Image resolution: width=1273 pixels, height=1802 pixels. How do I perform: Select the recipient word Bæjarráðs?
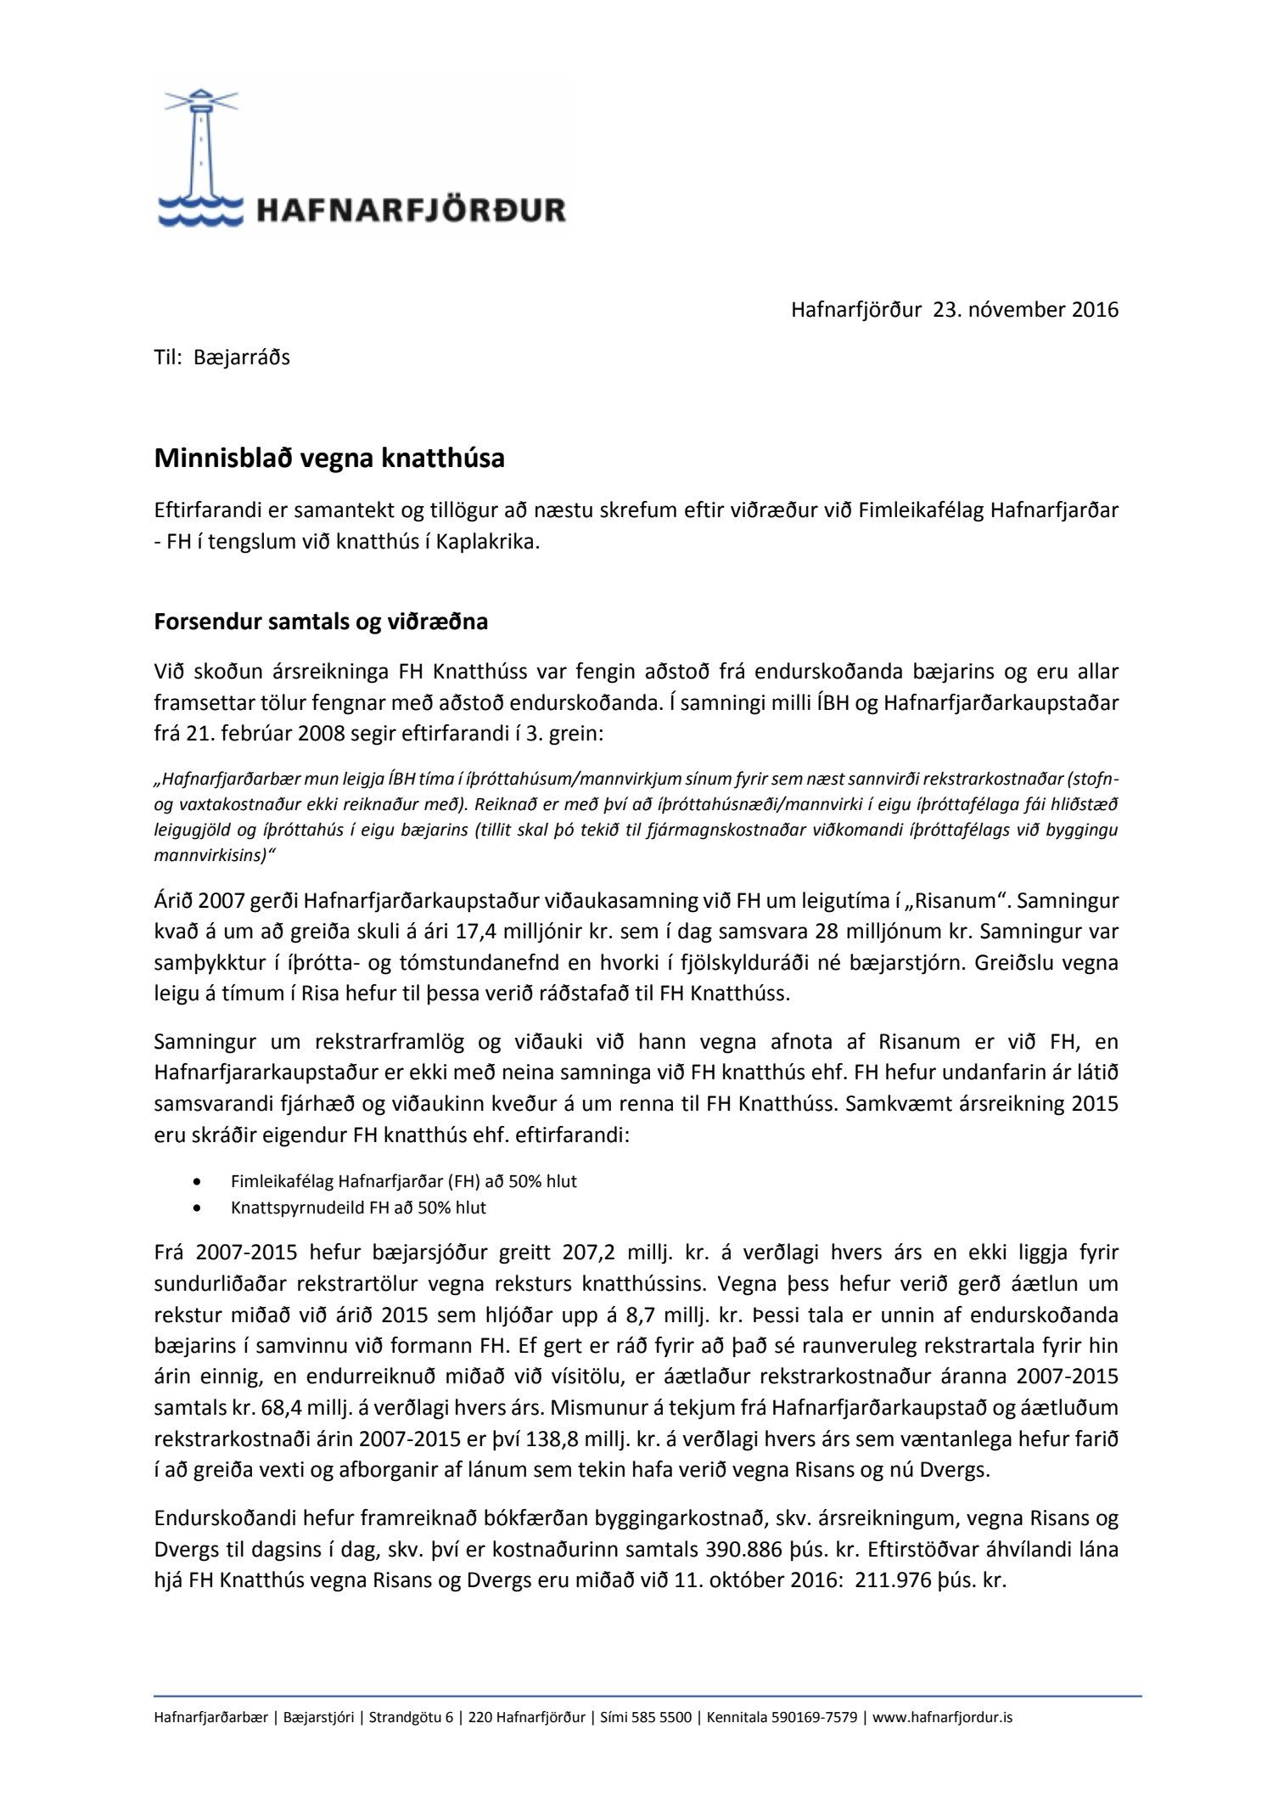pos(242,358)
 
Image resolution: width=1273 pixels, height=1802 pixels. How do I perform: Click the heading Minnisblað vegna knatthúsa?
pos(329,459)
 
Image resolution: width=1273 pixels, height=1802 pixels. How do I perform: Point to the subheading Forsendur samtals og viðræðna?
pos(321,622)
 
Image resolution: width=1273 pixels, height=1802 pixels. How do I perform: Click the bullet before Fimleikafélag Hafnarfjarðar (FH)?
pos(198,1181)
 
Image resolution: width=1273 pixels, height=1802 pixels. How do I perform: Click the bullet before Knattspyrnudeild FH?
pos(198,1208)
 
